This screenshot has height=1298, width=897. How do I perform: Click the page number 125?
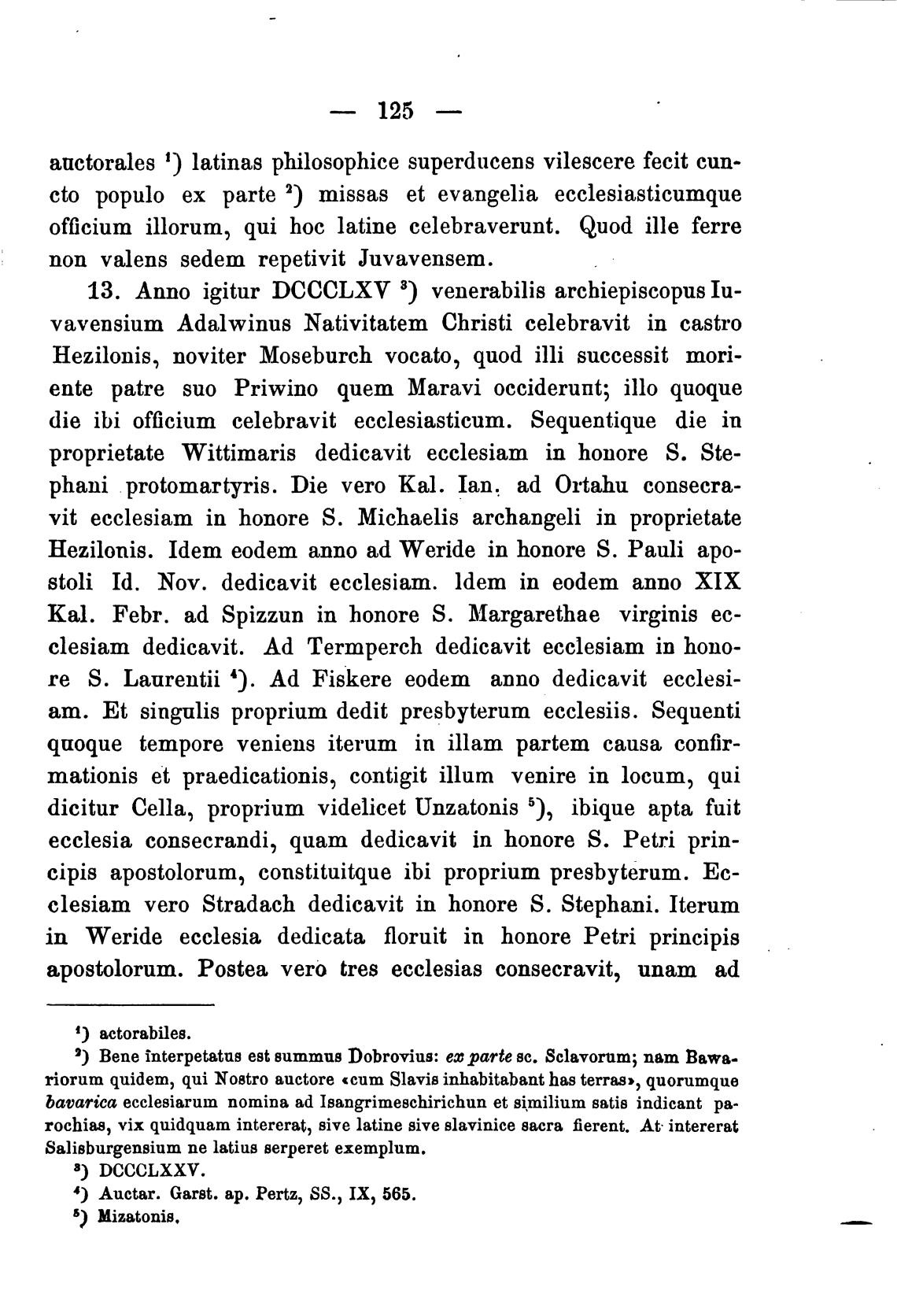click(x=395, y=110)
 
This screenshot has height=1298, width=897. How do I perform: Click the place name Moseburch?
click(x=315, y=356)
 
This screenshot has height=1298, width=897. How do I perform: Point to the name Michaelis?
click(x=404, y=518)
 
